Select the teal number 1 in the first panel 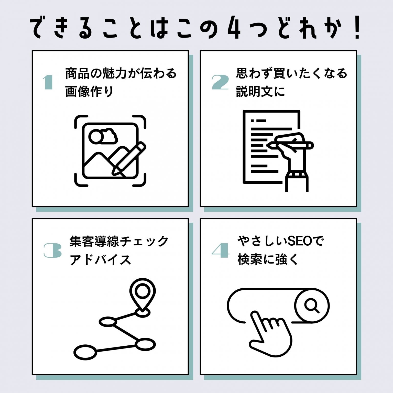[48, 82]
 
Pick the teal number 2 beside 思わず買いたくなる [220, 82]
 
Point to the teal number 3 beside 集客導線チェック [52, 250]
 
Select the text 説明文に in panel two [260, 92]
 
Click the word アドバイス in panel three [100, 260]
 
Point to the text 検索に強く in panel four [268, 260]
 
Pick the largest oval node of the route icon [85, 352]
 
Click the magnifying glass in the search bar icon [312, 306]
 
